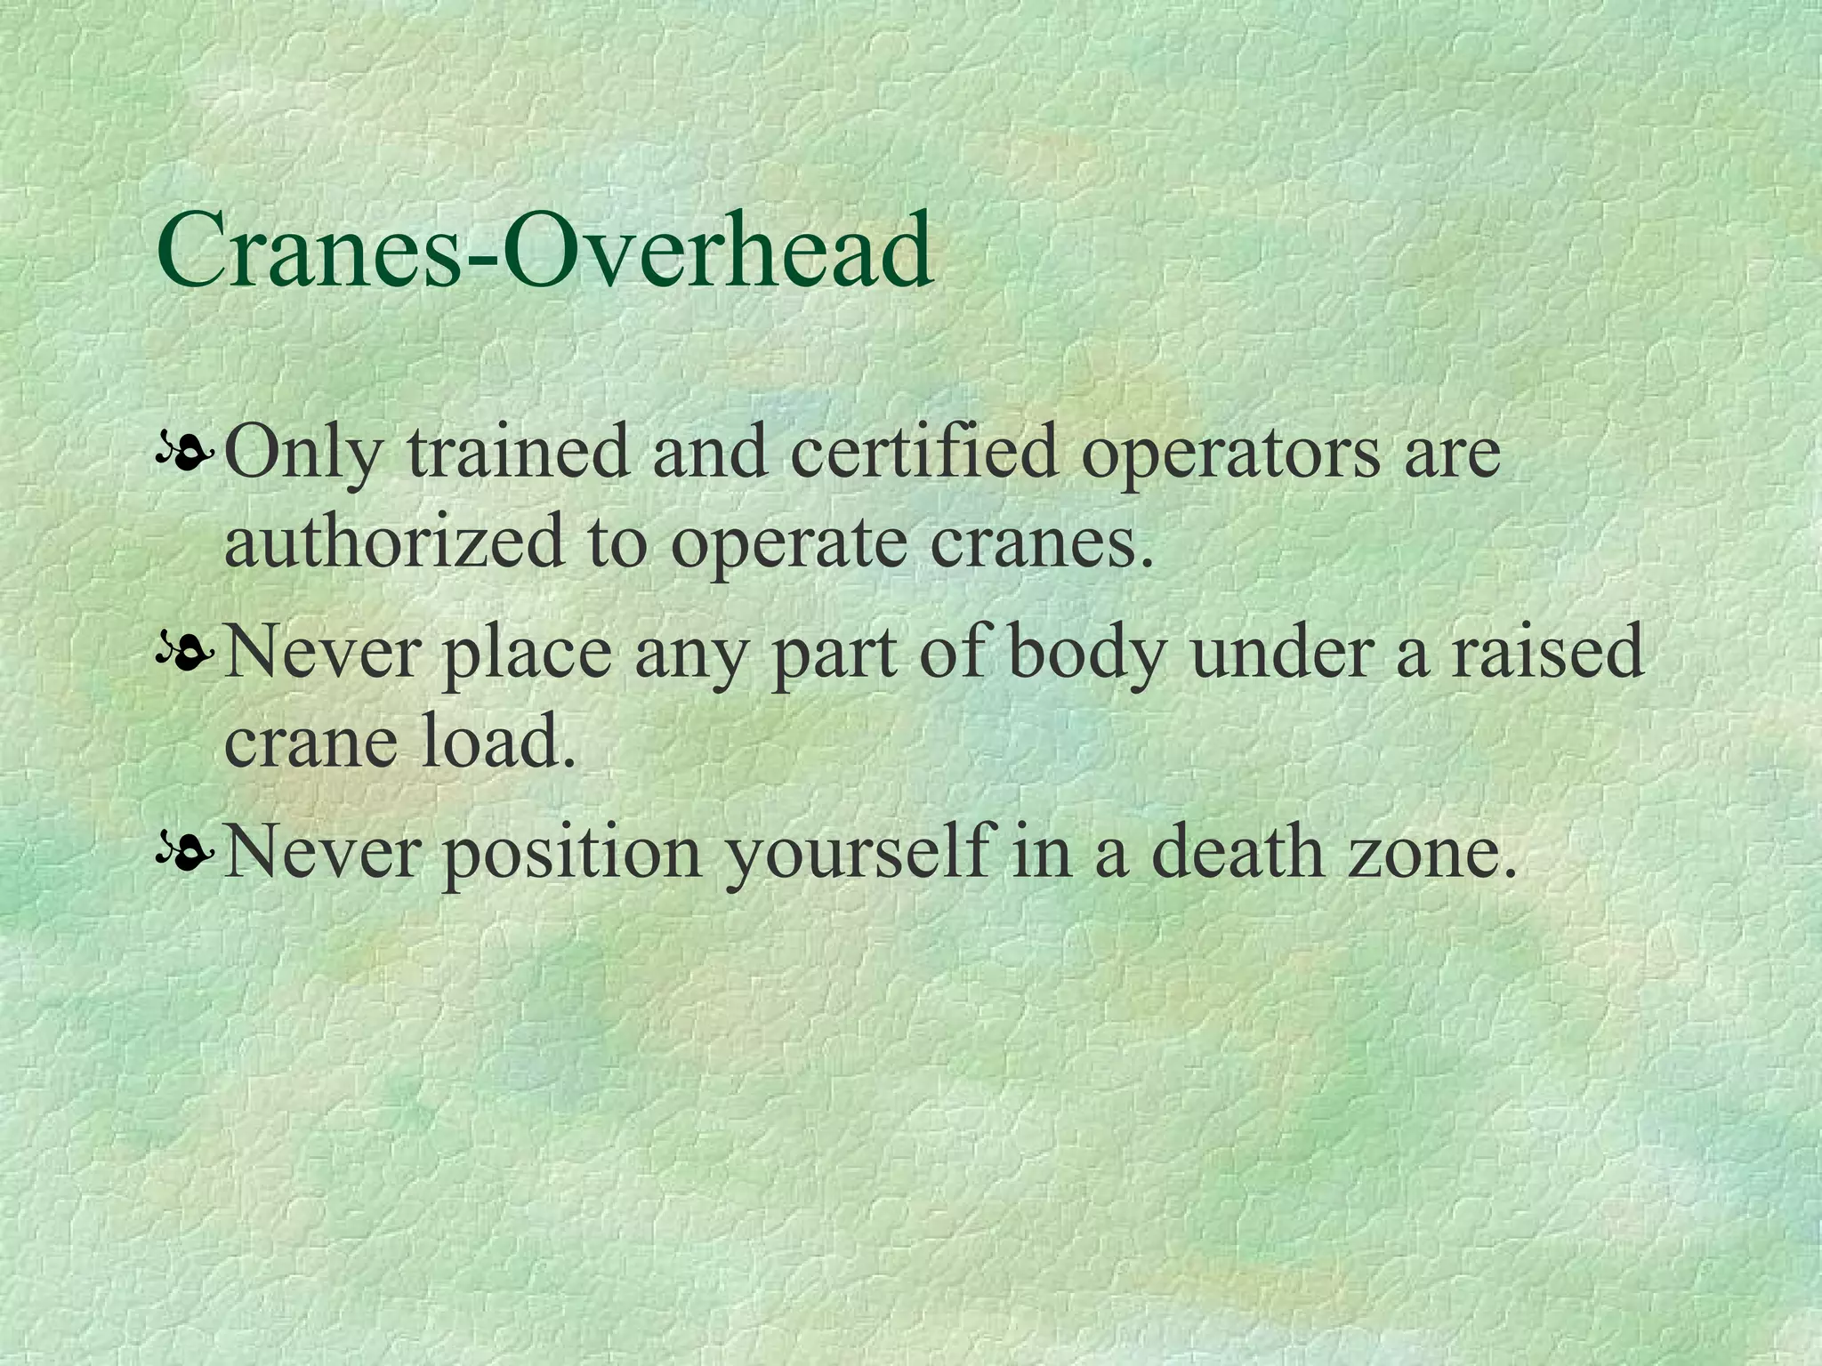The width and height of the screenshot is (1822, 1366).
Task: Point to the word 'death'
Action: [x=1237, y=851]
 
